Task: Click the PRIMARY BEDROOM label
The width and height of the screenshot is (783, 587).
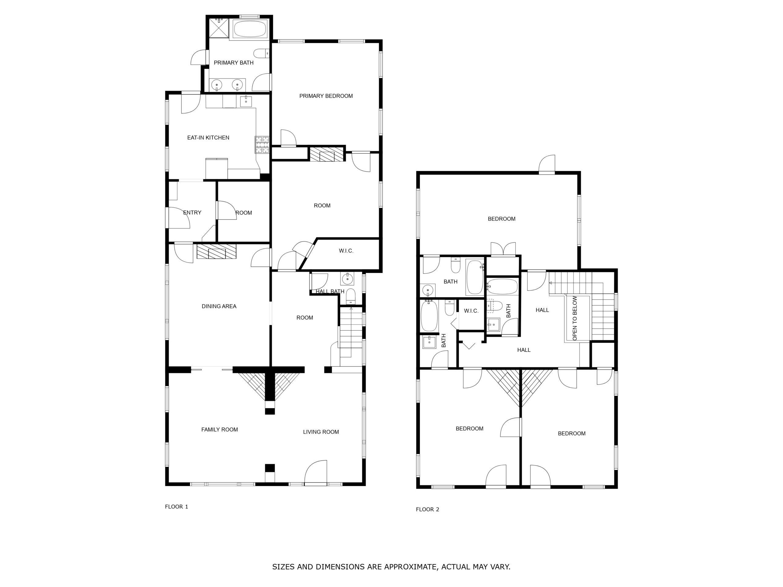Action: [x=326, y=96]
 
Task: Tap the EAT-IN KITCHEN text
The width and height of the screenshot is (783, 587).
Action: [x=208, y=138]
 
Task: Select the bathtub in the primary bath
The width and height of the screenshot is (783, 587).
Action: [x=250, y=29]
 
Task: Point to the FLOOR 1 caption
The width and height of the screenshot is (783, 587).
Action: [x=176, y=507]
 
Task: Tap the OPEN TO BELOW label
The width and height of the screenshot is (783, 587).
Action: [x=574, y=319]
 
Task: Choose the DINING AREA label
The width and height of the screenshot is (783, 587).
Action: [x=219, y=306]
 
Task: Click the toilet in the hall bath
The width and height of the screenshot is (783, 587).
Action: [x=351, y=296]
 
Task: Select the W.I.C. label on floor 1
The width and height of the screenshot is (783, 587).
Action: [x=346, y=251]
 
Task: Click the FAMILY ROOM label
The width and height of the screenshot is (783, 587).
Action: [x=220, y=430]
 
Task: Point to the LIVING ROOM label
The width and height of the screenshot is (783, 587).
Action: [x=321, y=432]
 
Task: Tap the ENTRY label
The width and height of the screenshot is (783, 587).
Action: [x=192, y=213]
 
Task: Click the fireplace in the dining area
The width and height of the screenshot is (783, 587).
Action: [x=216, y=252]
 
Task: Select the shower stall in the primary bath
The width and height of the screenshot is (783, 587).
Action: [x=219, y=28]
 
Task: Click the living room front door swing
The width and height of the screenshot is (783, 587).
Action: [x=316, y=471]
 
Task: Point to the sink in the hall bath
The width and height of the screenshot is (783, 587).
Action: [x=347, y=279]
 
